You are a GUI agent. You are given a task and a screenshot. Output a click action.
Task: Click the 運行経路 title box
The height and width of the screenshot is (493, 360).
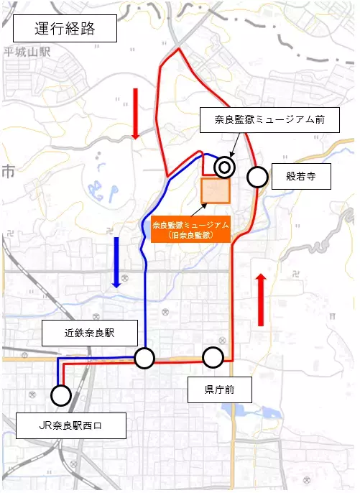(65, 29)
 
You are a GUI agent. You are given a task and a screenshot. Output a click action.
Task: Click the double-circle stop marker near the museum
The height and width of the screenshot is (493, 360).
(224, 167)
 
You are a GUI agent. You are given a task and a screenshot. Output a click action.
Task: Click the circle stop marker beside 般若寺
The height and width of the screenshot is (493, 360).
(257, 176)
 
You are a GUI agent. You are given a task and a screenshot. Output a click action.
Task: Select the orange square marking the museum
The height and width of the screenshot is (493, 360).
(215, 191)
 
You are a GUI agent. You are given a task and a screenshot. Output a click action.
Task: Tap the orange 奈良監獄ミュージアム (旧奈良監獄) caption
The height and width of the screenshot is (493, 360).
(190, 229)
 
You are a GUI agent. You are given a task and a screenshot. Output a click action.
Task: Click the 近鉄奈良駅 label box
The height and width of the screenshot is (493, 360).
(89, 333)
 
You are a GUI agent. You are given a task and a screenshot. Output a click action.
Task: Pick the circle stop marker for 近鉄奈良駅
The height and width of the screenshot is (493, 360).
(144, 358)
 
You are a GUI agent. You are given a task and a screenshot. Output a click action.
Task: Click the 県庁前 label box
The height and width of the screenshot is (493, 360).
(220, 391)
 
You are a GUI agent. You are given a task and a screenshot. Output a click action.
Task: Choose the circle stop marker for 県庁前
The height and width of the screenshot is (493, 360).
(213, 357)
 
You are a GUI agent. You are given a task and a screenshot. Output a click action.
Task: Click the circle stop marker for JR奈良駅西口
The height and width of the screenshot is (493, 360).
(60, 395)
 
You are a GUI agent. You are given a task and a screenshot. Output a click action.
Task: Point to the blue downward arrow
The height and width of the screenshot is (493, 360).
(116, 262)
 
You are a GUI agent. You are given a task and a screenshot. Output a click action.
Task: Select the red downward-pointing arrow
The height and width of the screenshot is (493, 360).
(135, 113)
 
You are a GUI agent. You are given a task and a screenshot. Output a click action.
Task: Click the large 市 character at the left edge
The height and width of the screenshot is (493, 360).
(9, 171)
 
